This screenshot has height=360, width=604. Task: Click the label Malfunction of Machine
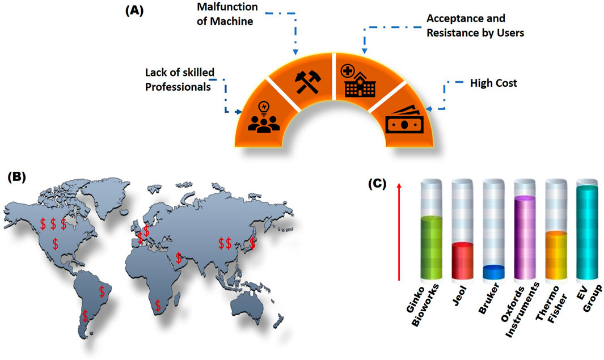click(x=227, y=15)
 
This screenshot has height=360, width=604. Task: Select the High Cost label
click(x=493, y=84)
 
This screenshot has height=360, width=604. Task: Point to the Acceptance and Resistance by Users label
click(x=475, y=26)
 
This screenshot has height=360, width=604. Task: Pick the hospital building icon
click(x=360, y=81)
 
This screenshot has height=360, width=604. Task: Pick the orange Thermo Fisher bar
click(x=555, y=255)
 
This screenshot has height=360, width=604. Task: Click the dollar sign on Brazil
click(x=102, y=291)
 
